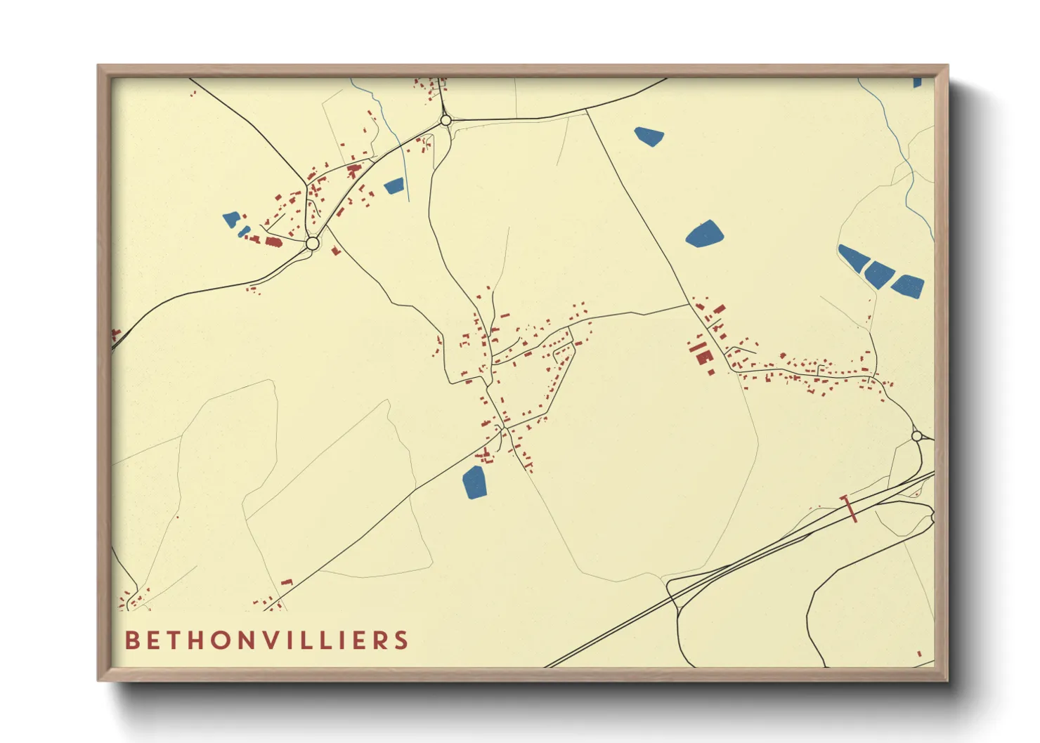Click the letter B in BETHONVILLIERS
[x=131, y=640]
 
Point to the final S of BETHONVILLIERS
[x=401, y=640]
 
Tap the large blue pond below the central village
[x=475, y=482]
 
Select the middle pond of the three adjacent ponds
[x=878, y=272]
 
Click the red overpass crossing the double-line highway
[x=850, y=508]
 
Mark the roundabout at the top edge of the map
[x=446, y=121]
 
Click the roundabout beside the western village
[x=313, y=244]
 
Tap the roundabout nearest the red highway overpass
[x=916, y=436]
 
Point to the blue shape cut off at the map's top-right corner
[x=918, y=82]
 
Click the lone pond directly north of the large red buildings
[x=704, y=234]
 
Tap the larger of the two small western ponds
[x=231, y=220]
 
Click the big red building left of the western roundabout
[x=273, y=242]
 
